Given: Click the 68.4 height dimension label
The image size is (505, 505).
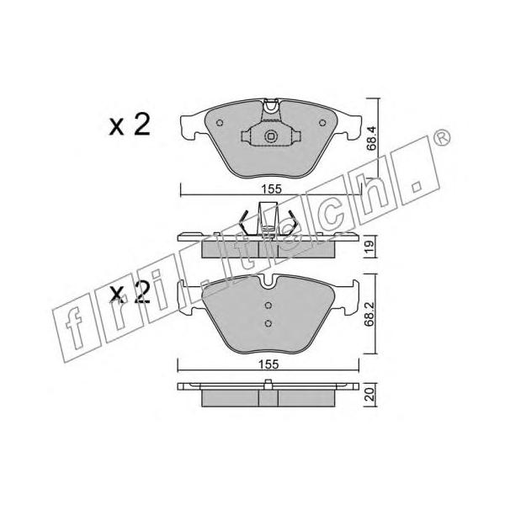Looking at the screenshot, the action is point(371,139).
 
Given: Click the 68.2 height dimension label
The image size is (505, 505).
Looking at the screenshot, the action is point(369,314).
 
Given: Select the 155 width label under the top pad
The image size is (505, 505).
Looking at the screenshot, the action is point(271,189).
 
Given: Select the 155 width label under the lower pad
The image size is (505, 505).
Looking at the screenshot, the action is point(269,364).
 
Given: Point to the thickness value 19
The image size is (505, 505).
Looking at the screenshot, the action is point(370,246).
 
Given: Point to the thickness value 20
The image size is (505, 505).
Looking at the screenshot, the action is point(370,394).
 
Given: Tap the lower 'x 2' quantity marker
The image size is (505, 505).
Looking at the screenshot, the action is point(130,292).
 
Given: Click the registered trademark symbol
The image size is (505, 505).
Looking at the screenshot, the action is point(442,137).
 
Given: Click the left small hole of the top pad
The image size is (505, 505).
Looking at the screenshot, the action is point(220,123).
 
